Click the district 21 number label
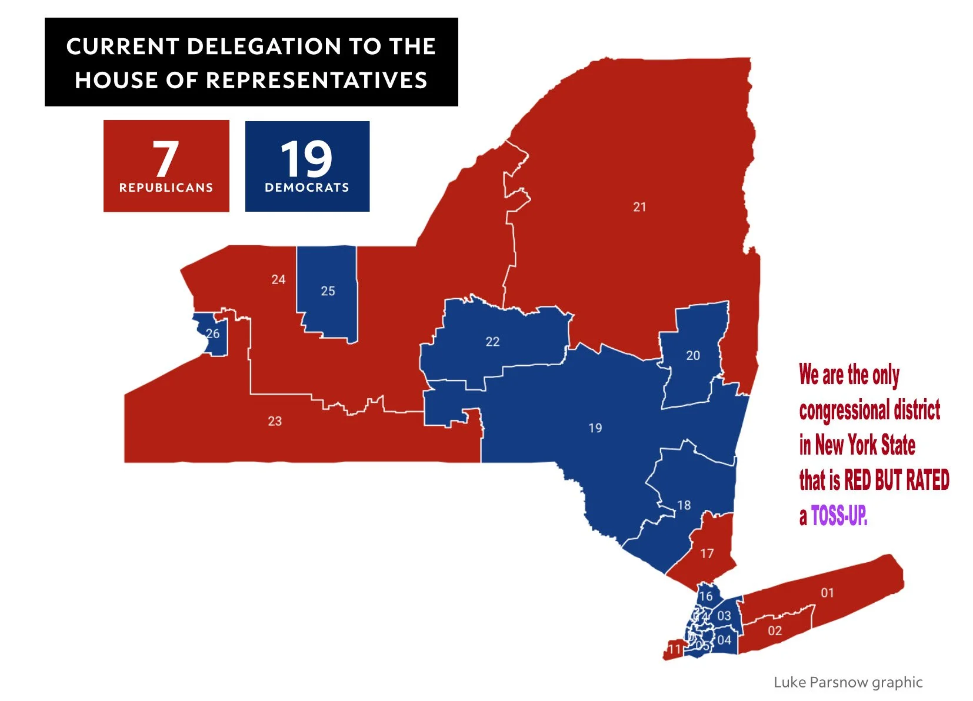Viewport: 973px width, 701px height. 639,207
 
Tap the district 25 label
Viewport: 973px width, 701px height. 328,291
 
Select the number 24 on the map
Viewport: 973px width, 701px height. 278,280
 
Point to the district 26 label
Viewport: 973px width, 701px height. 213,334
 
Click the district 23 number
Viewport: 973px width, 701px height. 275,421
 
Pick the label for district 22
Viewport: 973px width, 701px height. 492,342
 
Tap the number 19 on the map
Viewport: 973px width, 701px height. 595,428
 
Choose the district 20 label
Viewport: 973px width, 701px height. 693,356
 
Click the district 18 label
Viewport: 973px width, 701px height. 684,505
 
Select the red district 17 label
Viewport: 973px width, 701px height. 707,553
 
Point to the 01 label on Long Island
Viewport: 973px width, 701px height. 827,593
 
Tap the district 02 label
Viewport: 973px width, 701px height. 775,631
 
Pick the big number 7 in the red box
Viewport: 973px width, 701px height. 165,159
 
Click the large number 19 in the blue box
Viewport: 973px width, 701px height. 306,159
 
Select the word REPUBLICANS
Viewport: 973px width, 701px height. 166,188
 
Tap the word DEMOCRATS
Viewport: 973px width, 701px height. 306,188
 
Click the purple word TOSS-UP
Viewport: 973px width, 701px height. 839,516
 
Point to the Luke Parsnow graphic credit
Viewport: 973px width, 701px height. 848,682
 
